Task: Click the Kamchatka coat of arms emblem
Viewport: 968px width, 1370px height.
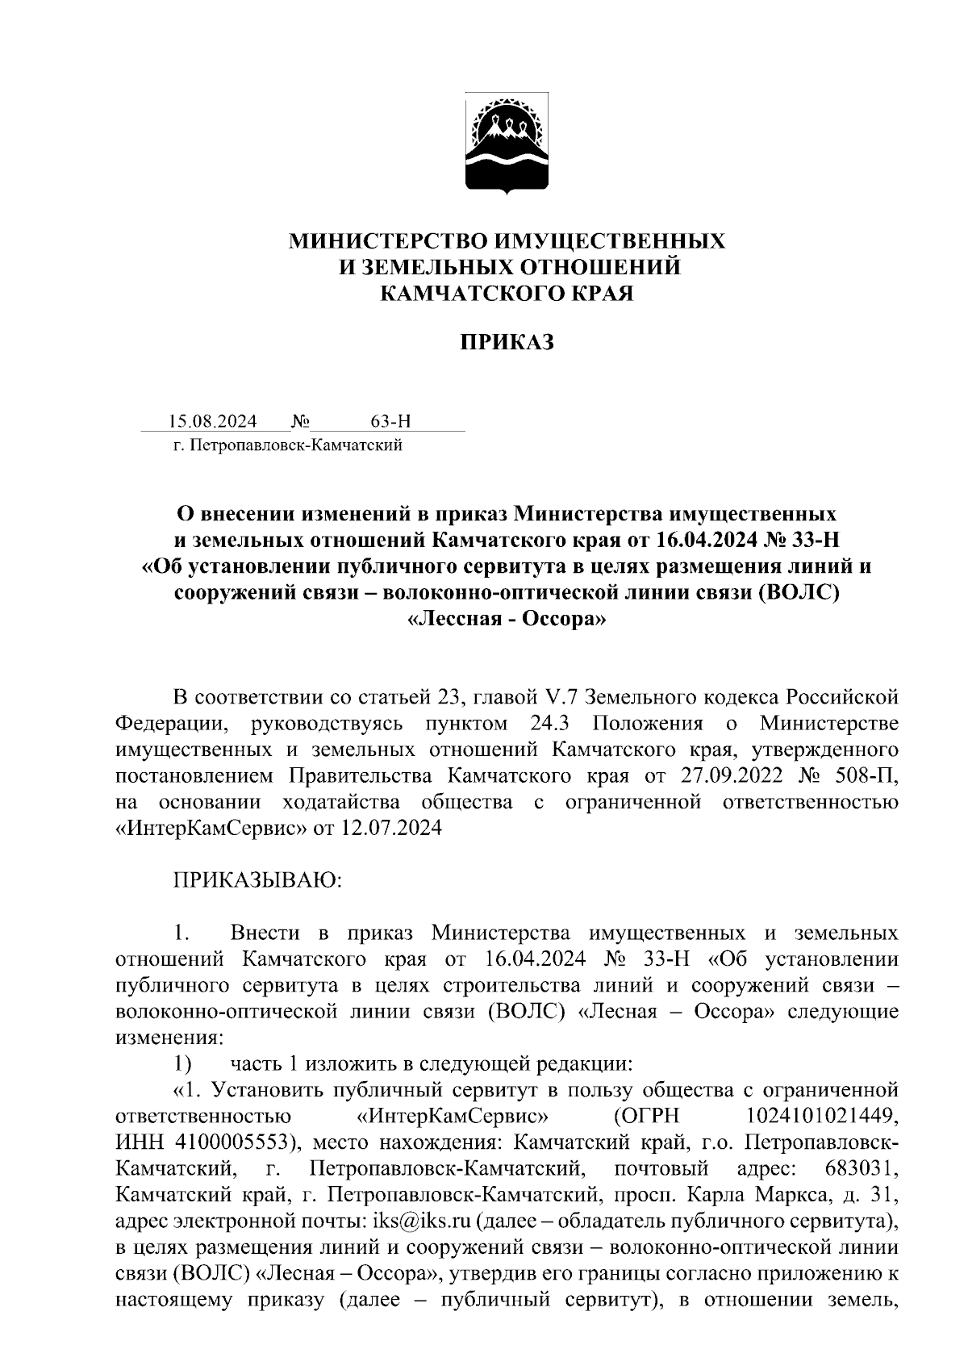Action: coord(507,145)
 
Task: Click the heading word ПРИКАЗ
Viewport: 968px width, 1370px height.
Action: coord(507,343)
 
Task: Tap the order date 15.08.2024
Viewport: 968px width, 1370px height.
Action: coord(213,421)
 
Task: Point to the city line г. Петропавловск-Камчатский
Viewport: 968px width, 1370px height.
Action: coord(287,445)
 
